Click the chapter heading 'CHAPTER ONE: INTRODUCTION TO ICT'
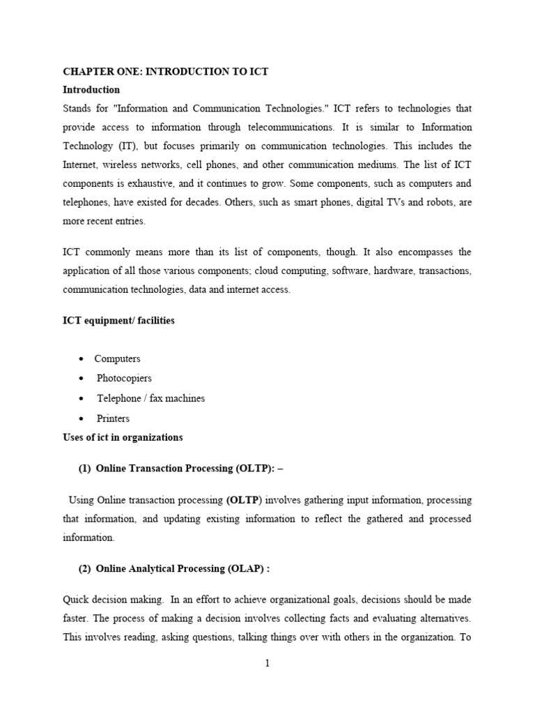click(165, 71)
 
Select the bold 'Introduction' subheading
click(91, 90)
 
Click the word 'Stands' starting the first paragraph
click(77, 108)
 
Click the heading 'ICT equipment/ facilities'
click(118, 320)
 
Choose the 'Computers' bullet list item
click(117, 358)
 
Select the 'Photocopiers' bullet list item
click(124, 378)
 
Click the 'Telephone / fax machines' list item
click(150, 398)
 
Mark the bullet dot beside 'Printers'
click(82, 418)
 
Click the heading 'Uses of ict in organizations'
click(123, 437)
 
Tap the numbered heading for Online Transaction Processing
click(181, 469)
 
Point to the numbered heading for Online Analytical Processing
click(173, 568)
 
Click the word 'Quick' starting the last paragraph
click(76, 599)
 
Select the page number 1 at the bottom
click(267, 663)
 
